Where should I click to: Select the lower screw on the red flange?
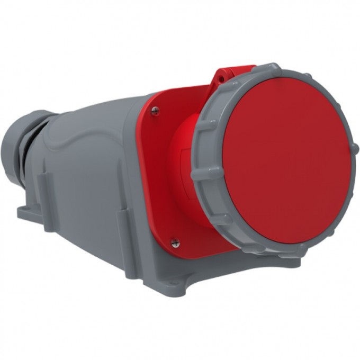175,242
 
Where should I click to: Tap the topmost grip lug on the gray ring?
274,67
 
